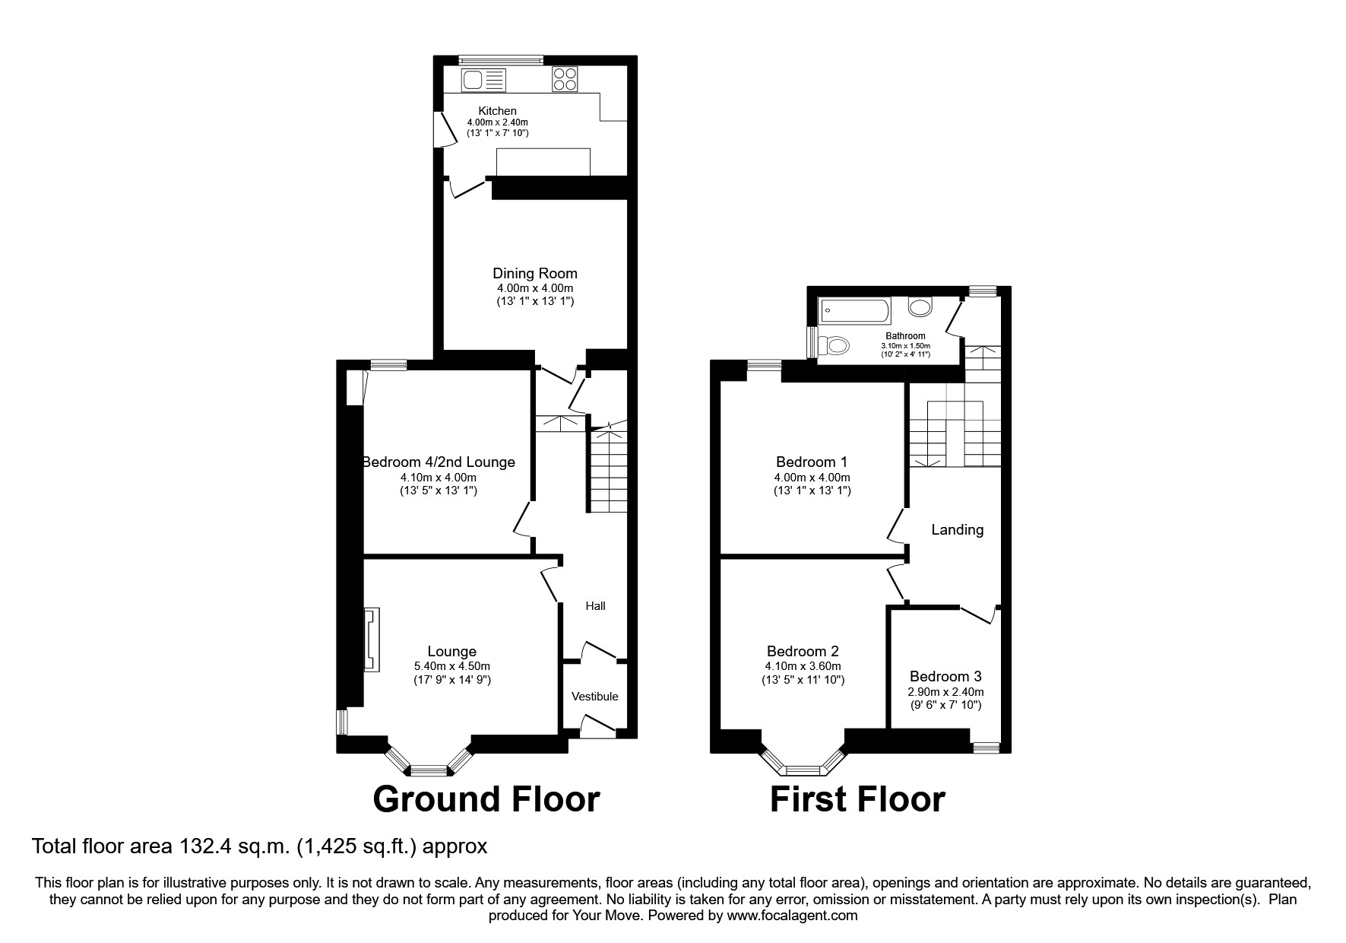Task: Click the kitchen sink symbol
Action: pos(483,79)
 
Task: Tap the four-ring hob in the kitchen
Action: pos(565,79)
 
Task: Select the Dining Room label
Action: pos(535,274)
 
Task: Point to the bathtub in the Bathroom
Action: pos(854,310)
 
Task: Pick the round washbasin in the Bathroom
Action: pos(920,307)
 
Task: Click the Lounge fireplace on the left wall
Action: pos(372,639)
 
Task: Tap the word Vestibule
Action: pos(595,697)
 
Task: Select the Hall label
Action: pos(595,606)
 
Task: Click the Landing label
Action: pos(957,530)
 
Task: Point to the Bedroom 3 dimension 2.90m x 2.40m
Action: pos(946,692)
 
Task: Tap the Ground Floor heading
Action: pos(486,799)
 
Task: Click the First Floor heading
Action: pos(857,799)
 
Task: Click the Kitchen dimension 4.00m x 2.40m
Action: pos(497,122)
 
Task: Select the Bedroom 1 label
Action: pos(811,462)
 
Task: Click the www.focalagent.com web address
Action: pos(791,916)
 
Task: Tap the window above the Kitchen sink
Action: pos(501,59)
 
